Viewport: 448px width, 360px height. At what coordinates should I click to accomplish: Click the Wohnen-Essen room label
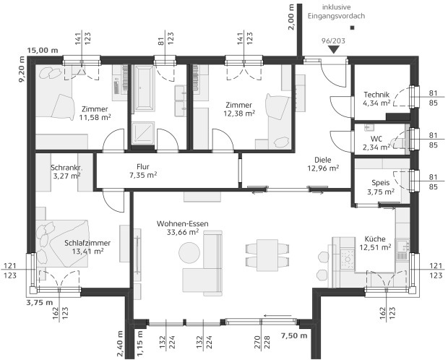[182, 228]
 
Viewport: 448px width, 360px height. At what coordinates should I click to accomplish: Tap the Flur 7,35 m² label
[143, 171]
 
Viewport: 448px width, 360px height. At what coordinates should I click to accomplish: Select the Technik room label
[376, 98]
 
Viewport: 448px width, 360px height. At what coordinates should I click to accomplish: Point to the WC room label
[376, 143]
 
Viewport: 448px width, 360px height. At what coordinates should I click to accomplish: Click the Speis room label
[381, 187]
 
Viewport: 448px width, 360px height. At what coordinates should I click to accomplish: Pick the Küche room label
[375, 243]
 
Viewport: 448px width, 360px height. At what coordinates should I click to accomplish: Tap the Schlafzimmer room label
[87, 247]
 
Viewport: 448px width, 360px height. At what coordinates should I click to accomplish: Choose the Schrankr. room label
[66, 171]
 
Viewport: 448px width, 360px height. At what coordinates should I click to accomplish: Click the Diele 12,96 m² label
[323, 164]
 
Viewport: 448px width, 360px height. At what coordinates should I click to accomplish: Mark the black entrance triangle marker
[333, 50]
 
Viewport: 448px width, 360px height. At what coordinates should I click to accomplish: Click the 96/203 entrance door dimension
[333, 41]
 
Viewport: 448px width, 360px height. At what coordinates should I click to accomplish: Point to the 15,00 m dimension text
[43, 51]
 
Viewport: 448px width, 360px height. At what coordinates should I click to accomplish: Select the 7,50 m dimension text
[294, 335]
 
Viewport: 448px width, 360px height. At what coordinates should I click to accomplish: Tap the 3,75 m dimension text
[40, 302]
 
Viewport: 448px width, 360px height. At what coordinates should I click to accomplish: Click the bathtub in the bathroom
[145, 87]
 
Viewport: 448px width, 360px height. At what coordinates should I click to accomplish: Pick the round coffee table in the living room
[189, 253]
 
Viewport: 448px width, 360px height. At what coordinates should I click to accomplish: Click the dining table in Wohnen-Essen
[267, 255]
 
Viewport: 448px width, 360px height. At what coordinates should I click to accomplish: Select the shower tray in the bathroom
[143, 133]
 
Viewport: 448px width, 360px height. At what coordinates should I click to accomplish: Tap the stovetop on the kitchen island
[348, 259]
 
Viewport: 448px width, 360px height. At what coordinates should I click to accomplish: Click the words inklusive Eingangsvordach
[336, 12]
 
